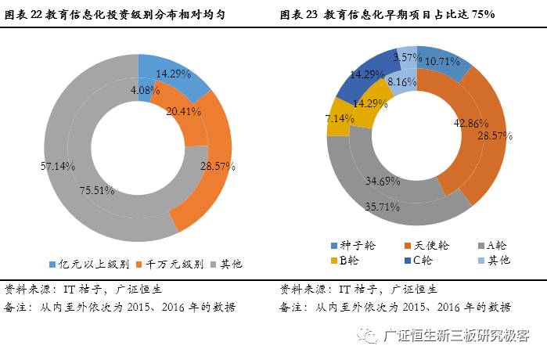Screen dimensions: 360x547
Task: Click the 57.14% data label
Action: click(x=59, y=166)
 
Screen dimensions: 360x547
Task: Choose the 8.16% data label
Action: click(x=402, y=81)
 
